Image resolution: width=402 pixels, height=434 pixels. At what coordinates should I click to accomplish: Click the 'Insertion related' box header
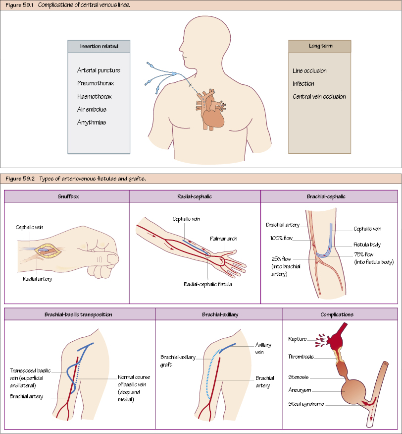pyautogui.click(x=99, y=46)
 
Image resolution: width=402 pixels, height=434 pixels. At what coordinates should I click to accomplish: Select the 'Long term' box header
pyautogui.click(x=320, y=46)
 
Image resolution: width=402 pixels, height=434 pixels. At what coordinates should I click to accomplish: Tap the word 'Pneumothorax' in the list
pyautogui.click(x=96, y=83)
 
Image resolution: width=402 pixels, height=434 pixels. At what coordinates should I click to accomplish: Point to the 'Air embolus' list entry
pyautogui.click(x=92, y=109)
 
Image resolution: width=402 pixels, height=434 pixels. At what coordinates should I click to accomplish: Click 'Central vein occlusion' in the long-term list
pyautogui.click(x=319, y=97)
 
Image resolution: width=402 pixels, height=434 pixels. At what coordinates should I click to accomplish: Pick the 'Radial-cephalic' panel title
pyautogui.click(x=195, y=196)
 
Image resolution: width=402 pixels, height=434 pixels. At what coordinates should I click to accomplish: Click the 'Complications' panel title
pyautogui.click(x=337, y=314)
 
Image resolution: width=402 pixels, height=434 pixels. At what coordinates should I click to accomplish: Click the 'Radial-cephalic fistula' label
pyautogui.click(x=207, y=284)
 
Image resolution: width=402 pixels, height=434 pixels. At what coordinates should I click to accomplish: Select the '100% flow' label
pyautogui.click(x=283, y=238)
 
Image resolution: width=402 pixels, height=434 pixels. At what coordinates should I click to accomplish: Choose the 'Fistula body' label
pyautogui.click(x=367, y=245)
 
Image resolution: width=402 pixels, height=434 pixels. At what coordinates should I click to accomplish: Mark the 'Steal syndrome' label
pyautogui.click(x=306, y=404)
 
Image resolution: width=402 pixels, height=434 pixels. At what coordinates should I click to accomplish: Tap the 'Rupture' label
pyautogui.click(x=297, y=339)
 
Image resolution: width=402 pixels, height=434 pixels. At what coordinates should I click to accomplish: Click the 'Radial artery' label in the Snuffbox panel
pyautogui.click(x=37, y=279)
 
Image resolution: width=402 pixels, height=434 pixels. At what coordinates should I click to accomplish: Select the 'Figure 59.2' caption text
pyautogui.click(x=19, y=179)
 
